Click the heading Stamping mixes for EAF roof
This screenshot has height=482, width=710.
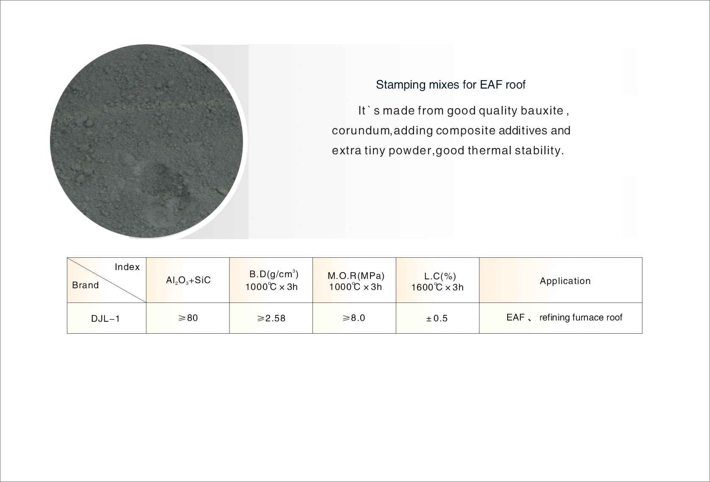(x=450, y=85)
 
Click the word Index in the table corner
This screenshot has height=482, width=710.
(x=127, y=267)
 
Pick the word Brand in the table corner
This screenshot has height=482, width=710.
(x=85, y=285)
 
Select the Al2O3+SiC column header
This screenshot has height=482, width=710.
(x=188, y=280)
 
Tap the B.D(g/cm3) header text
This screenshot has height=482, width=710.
(x=274, y=274)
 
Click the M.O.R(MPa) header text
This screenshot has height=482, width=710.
(x=356, y=276)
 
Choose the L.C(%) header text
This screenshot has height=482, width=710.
(x=440, y=276)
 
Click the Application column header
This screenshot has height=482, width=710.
(x=565, y=281)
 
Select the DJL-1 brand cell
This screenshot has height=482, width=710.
(x=105, y=318)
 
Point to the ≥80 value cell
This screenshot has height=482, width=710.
(x=188, y=318)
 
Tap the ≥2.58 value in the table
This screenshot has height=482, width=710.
(x=271, y=318)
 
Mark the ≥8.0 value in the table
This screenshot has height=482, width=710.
(x=354, y=318)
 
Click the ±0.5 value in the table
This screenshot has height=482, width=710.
(x=437, y=318)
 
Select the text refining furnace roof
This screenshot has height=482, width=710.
(x=581, y=318)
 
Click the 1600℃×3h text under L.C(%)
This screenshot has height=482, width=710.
(x=437, y=287)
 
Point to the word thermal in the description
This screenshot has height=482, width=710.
(x=490, y=150)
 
